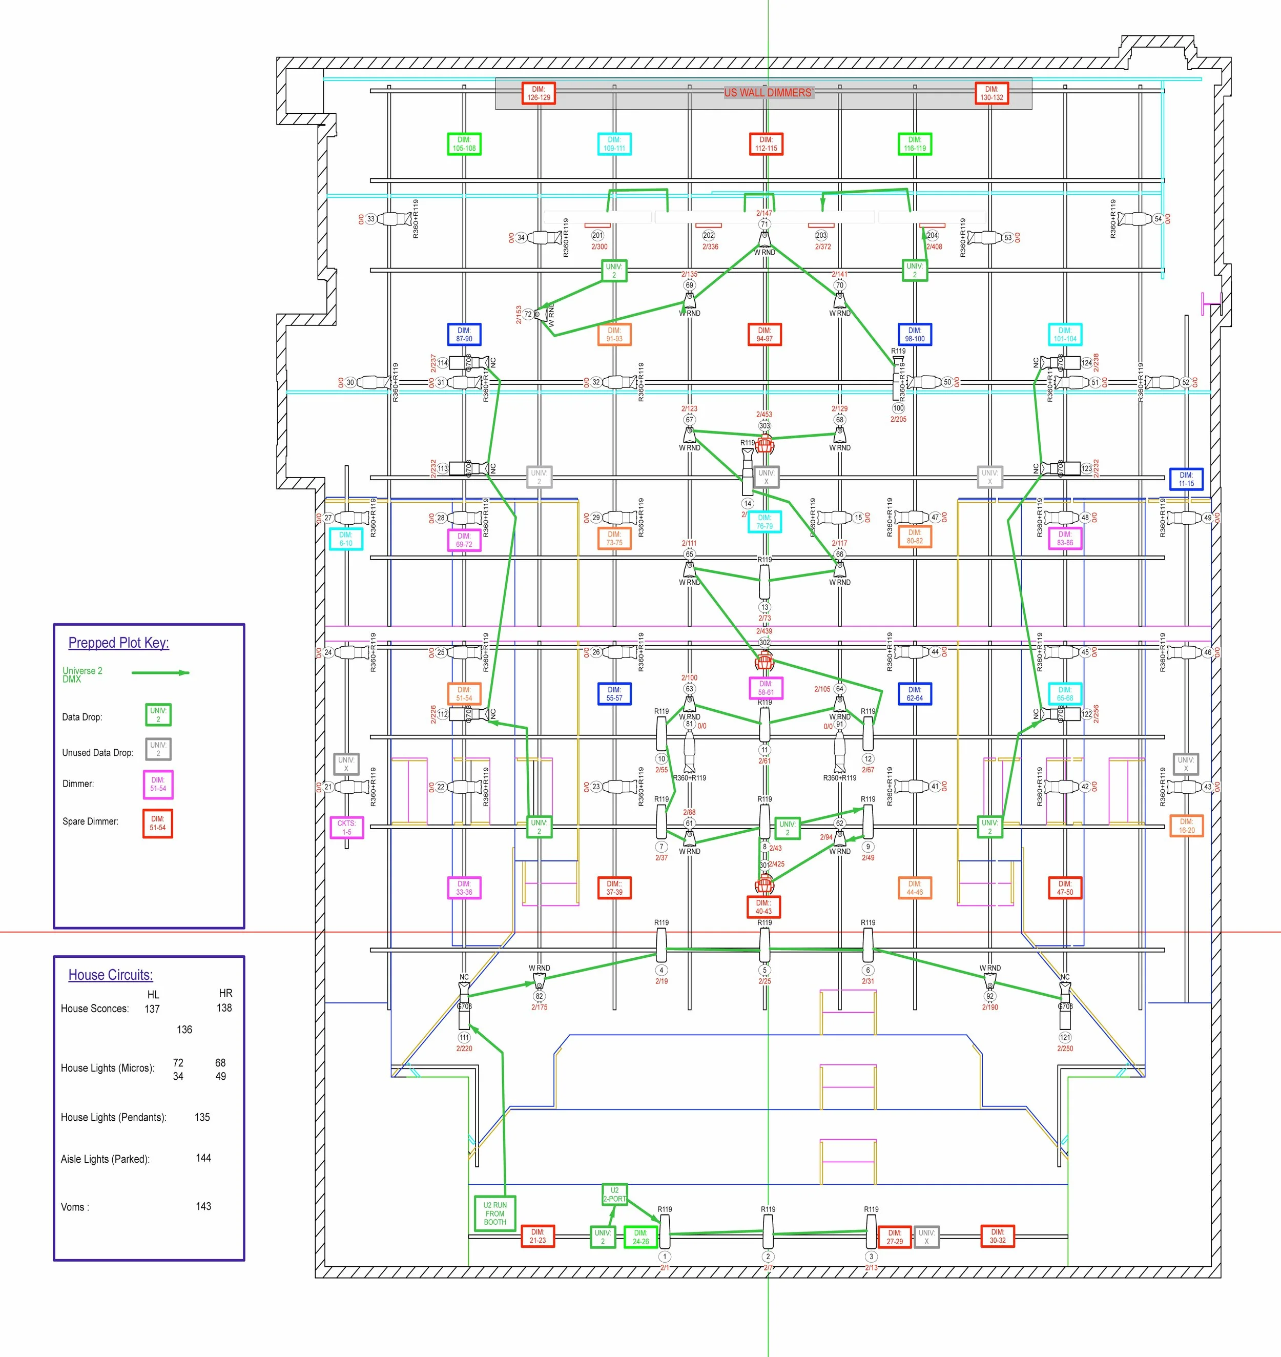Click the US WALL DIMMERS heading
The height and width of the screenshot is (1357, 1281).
(768, 92)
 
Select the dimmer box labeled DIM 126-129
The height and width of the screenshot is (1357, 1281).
(538, 93)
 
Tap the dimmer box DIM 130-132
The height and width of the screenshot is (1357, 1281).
(991, 93)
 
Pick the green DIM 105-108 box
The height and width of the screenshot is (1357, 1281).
(464, 143)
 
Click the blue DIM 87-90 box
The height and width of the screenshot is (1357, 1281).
(464, 334)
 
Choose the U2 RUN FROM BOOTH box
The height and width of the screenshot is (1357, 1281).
(495, 1214)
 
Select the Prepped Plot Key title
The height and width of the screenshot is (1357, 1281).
(118, 643)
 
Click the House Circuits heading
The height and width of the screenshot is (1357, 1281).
(111, 975)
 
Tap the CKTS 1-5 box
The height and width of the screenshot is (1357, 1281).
(346, 827)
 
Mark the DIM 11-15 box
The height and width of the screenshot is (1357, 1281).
(1186, 479)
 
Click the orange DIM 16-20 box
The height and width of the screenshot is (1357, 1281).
(1186, 826)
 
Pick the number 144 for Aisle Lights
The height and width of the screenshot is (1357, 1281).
(203, 1158)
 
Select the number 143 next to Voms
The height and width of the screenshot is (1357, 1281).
(203, 1206)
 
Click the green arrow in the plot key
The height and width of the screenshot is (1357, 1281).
(160, 673)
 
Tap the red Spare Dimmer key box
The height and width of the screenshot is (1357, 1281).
(158, 823)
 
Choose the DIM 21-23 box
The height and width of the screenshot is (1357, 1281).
(538, 1236)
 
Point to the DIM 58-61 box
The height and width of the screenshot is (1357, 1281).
(766, 688)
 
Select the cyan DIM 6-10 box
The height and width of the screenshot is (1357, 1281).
(346, 539)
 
